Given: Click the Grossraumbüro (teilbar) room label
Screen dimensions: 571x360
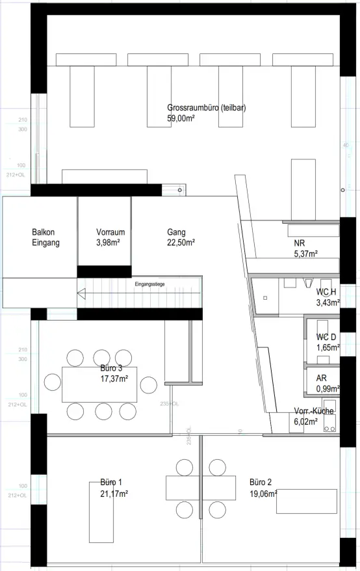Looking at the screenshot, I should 206,108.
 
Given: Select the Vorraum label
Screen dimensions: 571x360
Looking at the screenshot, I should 110,232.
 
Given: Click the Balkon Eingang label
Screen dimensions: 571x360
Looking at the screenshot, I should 45,237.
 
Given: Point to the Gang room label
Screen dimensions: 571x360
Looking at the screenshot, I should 176,232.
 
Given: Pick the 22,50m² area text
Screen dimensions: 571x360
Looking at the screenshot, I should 181,243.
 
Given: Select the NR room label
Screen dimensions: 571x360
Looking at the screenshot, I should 299,243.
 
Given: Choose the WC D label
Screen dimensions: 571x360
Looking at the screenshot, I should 326,337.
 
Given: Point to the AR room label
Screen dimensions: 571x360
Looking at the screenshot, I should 321,378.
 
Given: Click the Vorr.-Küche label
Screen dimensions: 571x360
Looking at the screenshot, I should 314,412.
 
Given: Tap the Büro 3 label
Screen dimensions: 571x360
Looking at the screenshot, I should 111,368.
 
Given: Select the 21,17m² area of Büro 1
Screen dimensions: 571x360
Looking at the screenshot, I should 114,494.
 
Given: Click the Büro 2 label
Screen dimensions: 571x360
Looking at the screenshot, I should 261,483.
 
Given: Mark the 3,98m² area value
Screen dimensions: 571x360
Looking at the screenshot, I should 110,243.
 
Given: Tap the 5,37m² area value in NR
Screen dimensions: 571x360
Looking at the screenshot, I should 305,254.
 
